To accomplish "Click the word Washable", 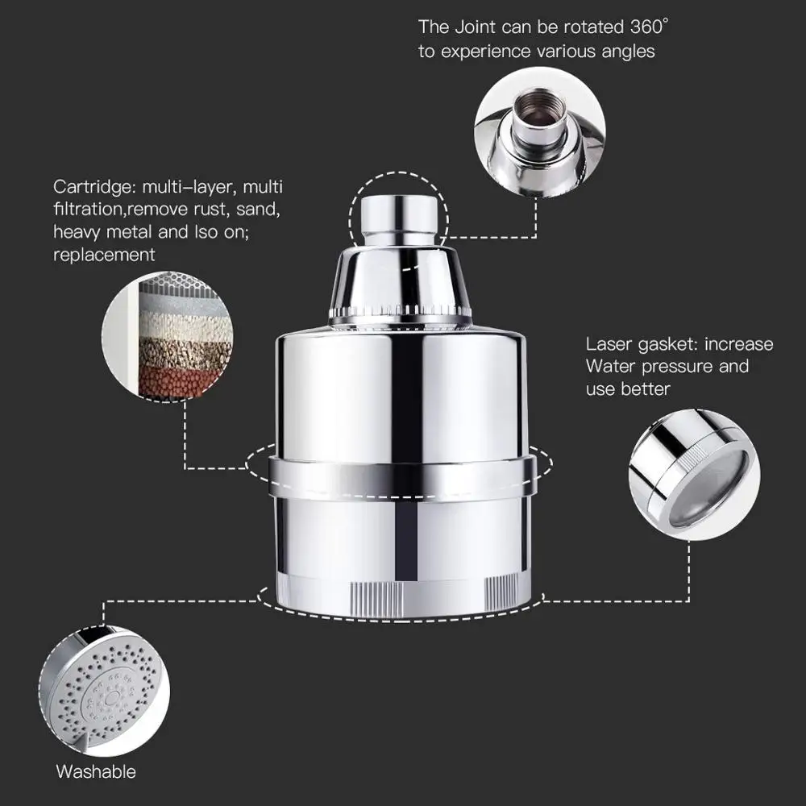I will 96,771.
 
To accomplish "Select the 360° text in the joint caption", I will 648,27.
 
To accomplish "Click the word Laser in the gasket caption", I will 610,344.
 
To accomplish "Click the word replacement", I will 104,255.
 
